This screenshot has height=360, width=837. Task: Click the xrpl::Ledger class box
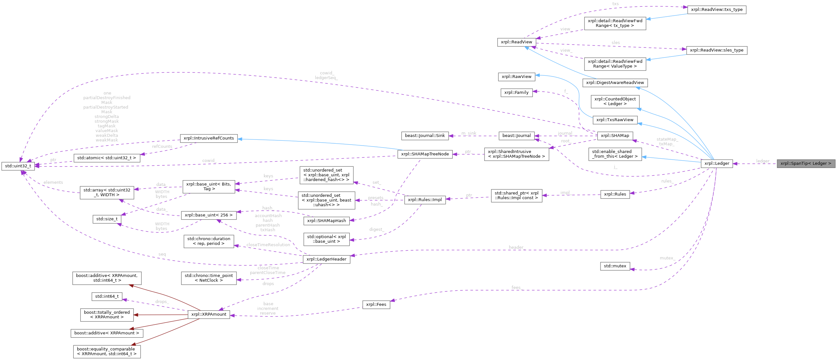(717, 163)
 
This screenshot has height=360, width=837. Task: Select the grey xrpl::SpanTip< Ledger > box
(806, 163)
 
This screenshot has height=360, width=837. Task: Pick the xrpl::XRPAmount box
(209, 314)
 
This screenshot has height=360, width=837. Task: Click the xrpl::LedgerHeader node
(326, 259)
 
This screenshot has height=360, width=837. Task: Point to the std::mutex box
(615, 266)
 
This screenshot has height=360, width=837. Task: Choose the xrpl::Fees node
(376, 305)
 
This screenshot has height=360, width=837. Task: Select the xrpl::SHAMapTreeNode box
(425, 154)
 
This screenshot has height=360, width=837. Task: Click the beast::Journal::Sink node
(425, 136)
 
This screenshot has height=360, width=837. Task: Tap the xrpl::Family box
(516, 93)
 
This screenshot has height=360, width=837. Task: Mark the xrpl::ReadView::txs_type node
(717, 10)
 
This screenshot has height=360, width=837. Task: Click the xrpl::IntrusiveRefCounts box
(209, 138)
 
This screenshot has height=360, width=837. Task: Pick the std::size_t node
(107, 219)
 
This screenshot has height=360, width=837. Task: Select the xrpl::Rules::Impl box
(425, 199)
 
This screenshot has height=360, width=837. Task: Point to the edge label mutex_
(667, 258)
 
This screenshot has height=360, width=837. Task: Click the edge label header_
(516, 247)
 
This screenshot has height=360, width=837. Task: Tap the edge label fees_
(516, 288)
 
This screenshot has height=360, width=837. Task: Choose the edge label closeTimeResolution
(268, 245)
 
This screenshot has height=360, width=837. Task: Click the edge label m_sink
(469, 133)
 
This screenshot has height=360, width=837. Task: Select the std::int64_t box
(107, 296)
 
